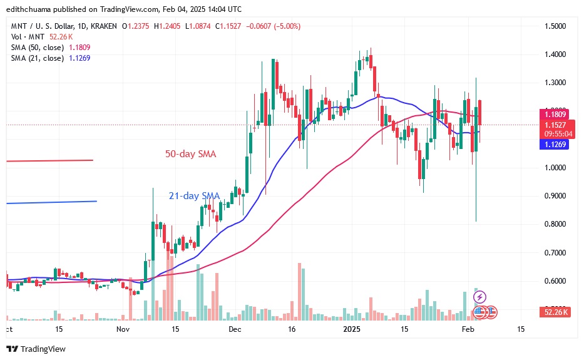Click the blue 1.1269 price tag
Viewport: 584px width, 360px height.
[x=554, y=143]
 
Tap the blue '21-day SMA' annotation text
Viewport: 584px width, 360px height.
[x=194, y=196]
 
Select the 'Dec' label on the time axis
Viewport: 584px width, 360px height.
[x=235, y=329]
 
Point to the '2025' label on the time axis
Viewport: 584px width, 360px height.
[x=353, y=329]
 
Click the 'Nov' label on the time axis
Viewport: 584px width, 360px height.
[x=122, y=329]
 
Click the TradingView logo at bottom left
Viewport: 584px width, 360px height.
[x=36, y=349]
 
